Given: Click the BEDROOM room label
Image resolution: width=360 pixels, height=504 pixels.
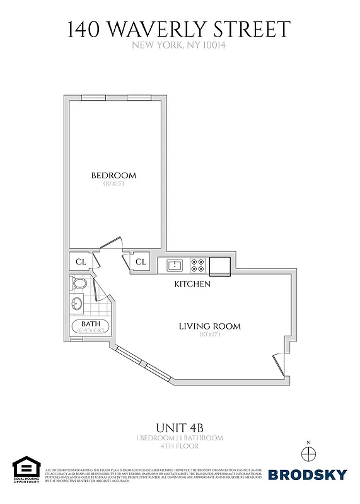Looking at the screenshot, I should coord(113,175).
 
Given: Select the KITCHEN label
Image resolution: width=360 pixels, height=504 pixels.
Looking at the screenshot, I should coord(192,284).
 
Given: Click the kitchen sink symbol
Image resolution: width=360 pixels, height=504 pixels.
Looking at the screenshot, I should coord(175,265).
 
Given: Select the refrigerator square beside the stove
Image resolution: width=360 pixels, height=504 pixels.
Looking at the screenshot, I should coord(220,266).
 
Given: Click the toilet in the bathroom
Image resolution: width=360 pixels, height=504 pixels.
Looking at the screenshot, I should coord(79,283).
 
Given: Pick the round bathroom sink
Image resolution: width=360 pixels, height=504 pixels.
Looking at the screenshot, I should coord(78,304).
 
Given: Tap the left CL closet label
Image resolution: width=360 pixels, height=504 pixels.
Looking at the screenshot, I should coord(81,261).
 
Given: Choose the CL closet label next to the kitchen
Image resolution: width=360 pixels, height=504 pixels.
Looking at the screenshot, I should coord(140,261).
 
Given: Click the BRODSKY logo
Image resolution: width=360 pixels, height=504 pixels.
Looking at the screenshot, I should coord(308,474).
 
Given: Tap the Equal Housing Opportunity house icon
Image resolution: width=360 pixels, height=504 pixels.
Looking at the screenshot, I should coord(26,469).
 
